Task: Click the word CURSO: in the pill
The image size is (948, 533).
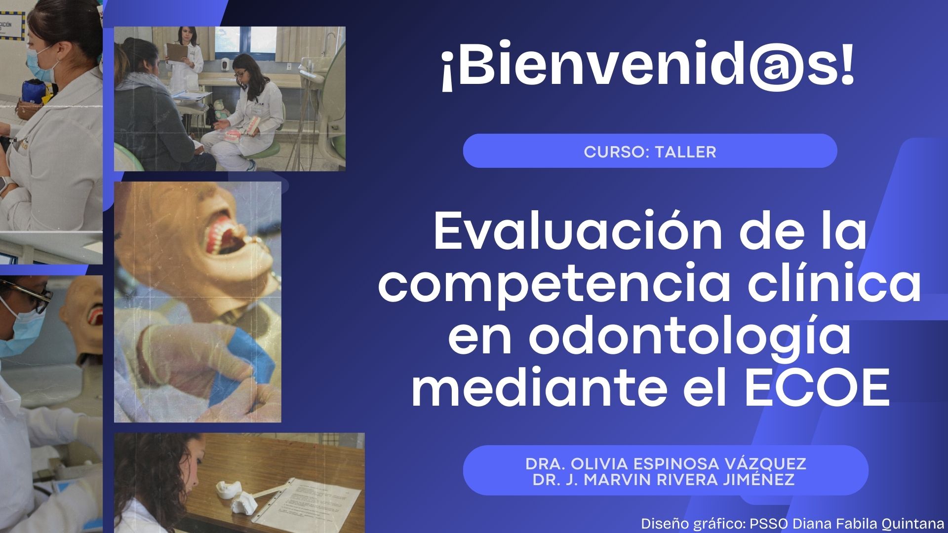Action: pyautogui.click(x=617, y=152)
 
